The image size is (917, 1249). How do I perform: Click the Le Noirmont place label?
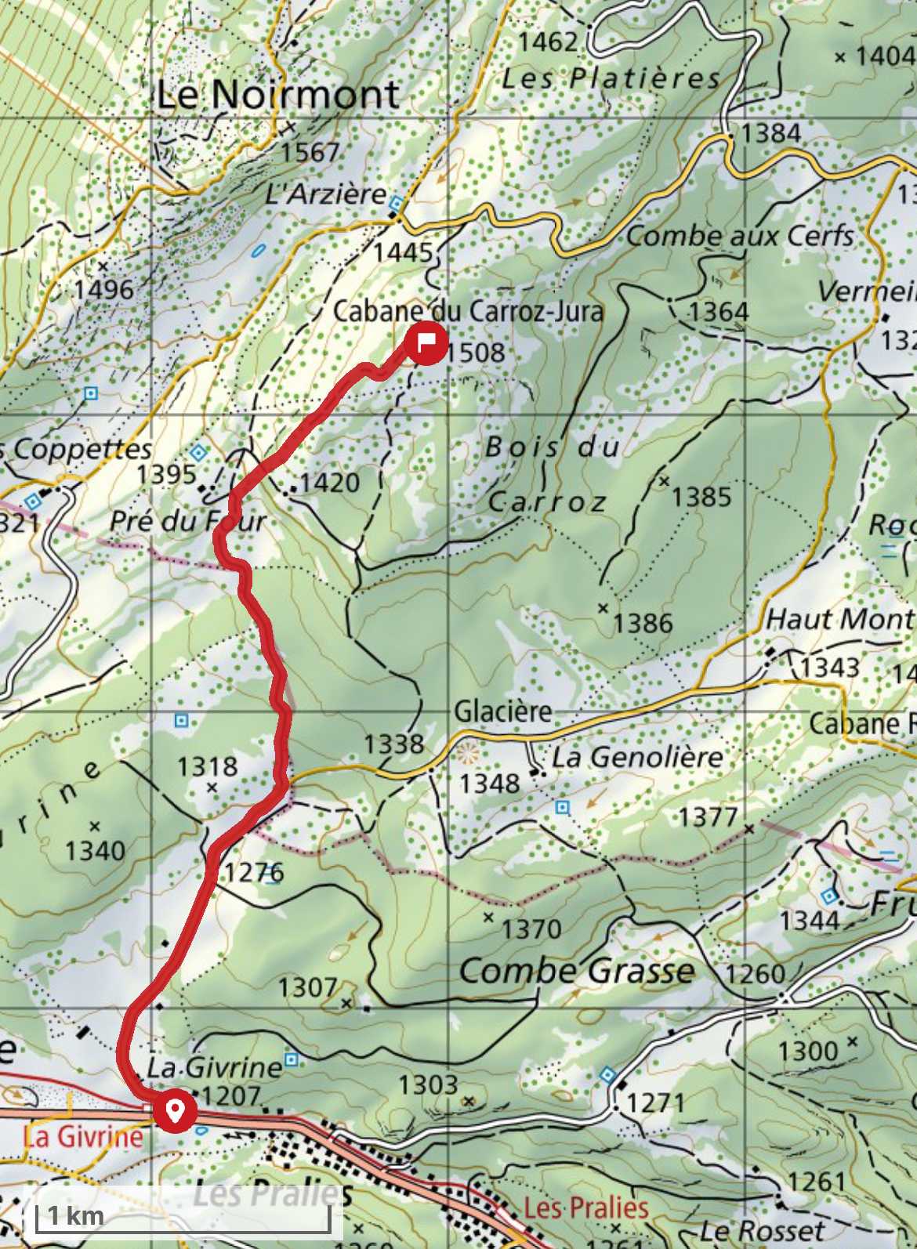click(277, 95)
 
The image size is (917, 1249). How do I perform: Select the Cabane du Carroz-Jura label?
click(468, 311)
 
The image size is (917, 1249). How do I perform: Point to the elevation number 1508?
click(477, 353)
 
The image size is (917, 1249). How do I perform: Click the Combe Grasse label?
click(577, 971)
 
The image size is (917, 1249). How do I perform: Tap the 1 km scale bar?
click(180, 1215)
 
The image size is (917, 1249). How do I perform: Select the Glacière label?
click(503, 711)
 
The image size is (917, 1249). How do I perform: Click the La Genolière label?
click(636, 757)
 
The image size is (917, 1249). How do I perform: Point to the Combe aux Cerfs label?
click(739, 236)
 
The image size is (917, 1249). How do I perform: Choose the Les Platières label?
click(611, 78)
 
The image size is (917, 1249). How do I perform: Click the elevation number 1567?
click(311, 152)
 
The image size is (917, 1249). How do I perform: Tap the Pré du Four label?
click(187, 521)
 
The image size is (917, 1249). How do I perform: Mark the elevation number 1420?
click(329, 482)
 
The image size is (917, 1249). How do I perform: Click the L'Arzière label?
click(326, 194)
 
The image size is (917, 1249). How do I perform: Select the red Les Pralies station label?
click(585, 1207)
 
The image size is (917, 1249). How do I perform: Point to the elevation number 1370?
click(531, 929)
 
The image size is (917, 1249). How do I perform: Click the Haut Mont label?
click(839, 620)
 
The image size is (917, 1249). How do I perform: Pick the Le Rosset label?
click(762, 1230)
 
